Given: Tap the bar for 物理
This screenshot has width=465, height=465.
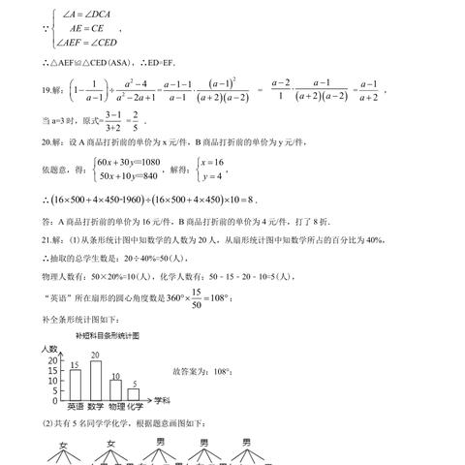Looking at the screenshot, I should (x=115, y=387).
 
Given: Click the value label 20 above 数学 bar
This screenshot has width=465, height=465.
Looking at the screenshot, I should (x=95, y=354).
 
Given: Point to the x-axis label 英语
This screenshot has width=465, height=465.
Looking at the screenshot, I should (x=74, y=407).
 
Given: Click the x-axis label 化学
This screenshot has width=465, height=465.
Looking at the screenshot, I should (x=137, y=407).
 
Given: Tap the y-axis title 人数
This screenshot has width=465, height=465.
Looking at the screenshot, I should (x=49, y=347).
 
